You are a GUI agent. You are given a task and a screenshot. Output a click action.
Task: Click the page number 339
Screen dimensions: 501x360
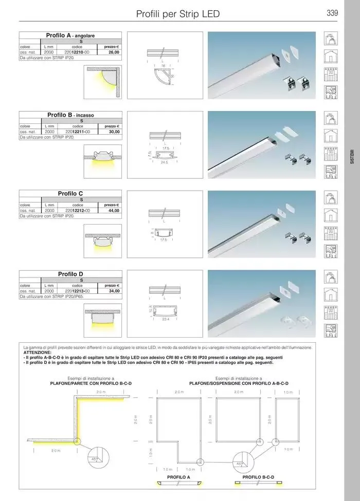[332, 13]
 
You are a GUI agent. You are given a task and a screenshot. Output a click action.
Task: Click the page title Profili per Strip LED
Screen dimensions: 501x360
[177, 14]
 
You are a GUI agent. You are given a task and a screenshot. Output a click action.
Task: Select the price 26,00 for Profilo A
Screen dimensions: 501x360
[114, 52]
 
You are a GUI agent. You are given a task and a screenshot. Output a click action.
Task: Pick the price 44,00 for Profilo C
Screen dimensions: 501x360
[114, 211]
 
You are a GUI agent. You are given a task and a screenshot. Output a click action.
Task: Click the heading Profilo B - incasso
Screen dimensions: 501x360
[70, 116]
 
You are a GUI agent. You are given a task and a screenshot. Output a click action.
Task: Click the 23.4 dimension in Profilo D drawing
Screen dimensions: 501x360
[165, 319]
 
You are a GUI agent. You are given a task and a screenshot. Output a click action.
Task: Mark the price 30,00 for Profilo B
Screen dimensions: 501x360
[114, 132]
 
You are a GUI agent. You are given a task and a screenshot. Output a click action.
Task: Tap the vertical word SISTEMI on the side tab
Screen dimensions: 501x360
[352, 156]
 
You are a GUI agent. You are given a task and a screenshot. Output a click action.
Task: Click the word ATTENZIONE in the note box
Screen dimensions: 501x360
[38, 353]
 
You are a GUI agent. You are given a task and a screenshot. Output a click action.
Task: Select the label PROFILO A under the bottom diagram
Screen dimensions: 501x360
[178, 477]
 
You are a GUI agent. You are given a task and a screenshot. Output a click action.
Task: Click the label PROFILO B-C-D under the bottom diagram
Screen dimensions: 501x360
[258, 477]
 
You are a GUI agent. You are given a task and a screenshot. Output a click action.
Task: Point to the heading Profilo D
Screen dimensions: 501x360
[70, 274]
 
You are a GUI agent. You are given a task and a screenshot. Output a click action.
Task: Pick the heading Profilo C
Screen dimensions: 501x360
[70, 194]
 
